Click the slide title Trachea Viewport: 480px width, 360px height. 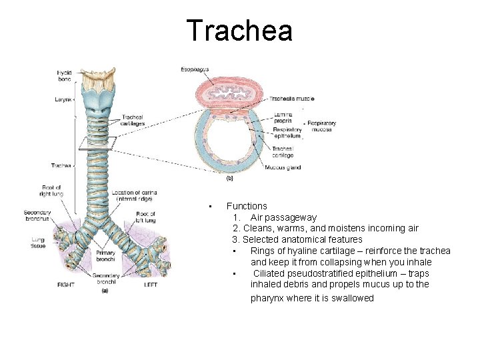(x=239, y=31)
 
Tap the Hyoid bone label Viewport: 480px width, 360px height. (x=65, y=75)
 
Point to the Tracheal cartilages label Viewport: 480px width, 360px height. (x=133, y=120)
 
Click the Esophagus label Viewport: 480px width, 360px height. (x=195, y=69)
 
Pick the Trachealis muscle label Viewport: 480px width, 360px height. (x=291, y=99)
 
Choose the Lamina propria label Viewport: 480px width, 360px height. (x=283, y=117)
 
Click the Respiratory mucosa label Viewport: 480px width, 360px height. (x=321, y=126)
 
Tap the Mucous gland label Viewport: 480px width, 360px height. (x=283, y=168)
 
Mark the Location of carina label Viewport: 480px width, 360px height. (x=135, y=195)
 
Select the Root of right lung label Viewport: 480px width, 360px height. (x=51, y=191)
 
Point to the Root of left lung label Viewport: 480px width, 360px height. (x=145, y=217)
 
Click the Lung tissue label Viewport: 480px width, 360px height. (x=38, y=242)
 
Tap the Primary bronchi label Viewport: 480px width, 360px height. (x=106, y=255)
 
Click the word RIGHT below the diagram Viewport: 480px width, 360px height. (x=66, y=285)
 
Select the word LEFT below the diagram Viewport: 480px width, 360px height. (x=151, y=285)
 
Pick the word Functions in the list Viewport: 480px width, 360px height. (x=247, y=207)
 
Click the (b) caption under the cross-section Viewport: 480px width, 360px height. (x=229, y=179)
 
